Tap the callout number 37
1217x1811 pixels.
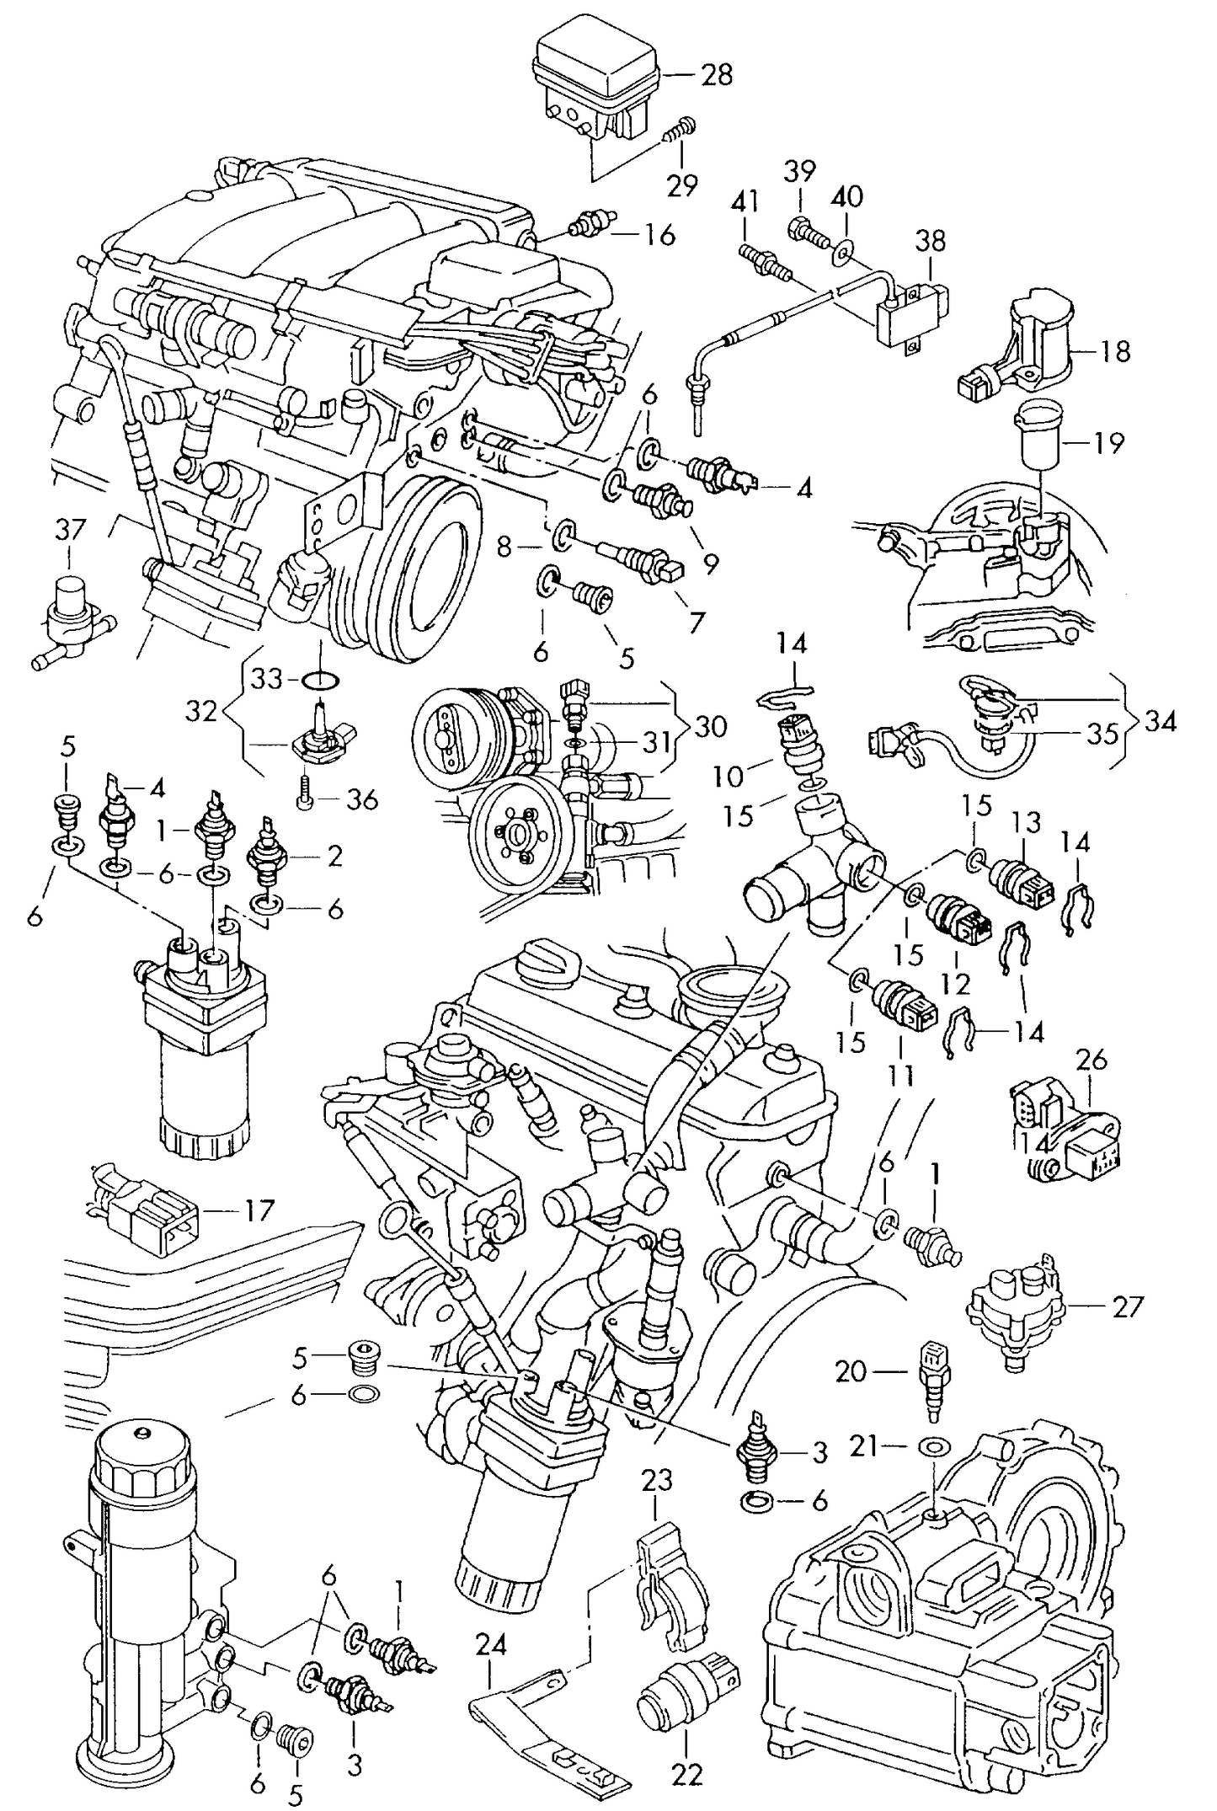(71, 530)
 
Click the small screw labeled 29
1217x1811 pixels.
(675, 130)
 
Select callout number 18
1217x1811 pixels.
(1115, 350)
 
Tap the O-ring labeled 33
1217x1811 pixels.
(319, 679)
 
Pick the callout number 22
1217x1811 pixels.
(686, 1750)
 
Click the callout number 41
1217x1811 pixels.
(745, 201)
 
